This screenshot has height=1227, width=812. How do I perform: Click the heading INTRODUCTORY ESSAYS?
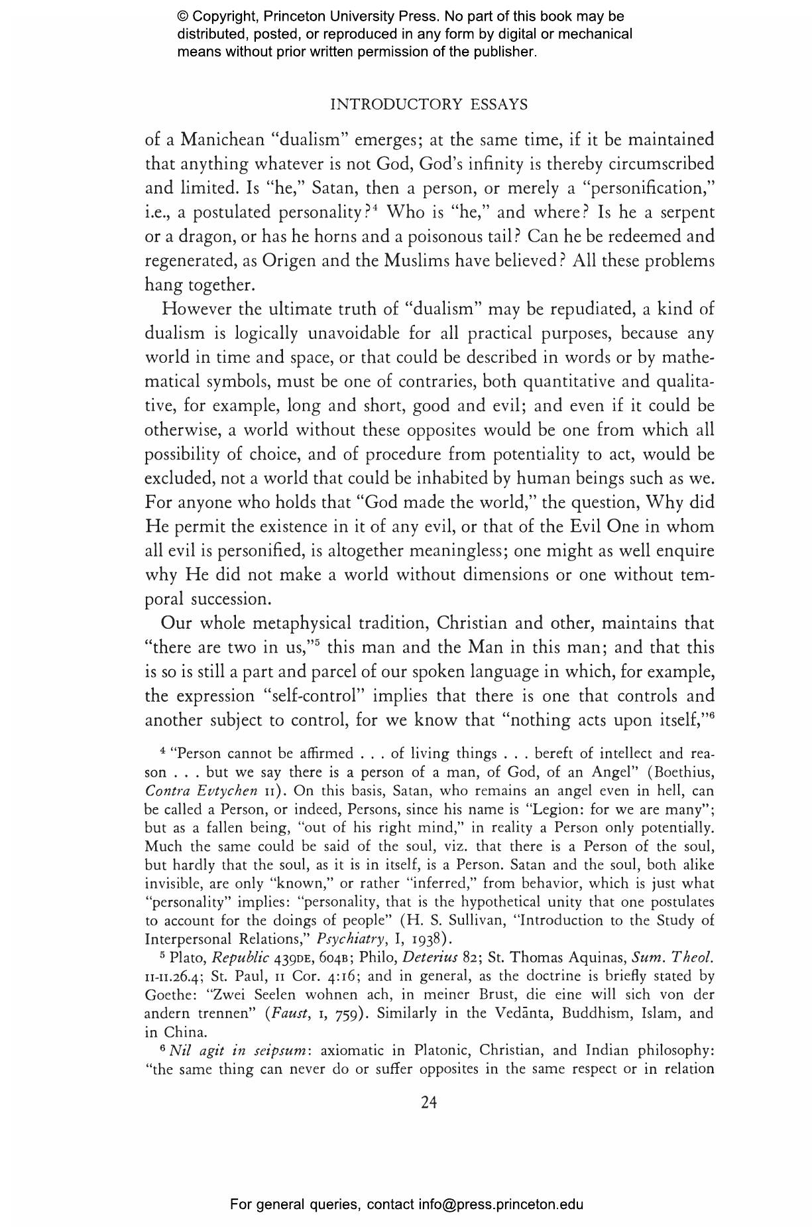coord(428,104)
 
